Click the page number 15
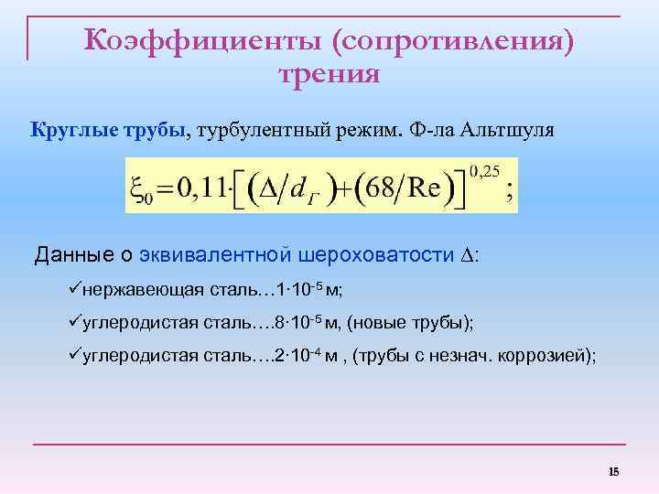tap(613, 472)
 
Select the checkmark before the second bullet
tap(75, 323)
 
